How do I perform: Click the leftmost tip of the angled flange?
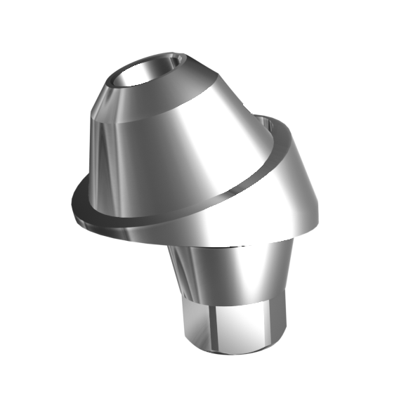click(72, 207)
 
